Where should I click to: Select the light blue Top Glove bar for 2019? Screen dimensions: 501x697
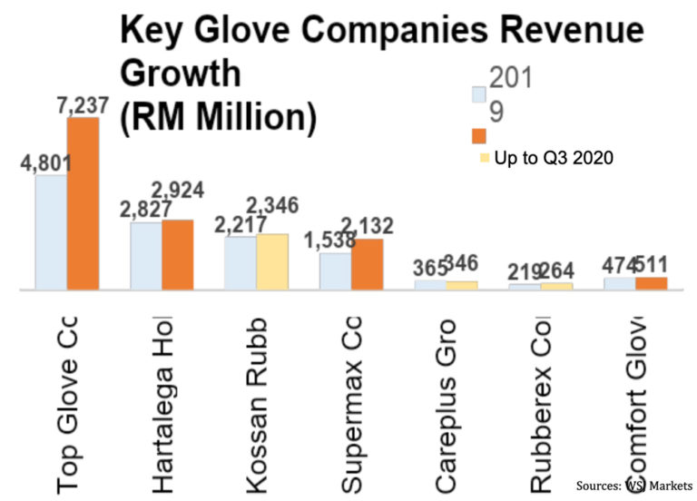click(x=51, y=232)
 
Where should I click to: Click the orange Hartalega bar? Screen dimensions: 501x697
click(x=177, y=255)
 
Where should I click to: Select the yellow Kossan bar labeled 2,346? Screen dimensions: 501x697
click(x=271, y=262)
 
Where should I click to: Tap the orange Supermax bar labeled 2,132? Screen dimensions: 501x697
click(x=367, y=264)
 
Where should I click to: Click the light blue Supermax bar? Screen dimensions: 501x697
click(x=335, y=271)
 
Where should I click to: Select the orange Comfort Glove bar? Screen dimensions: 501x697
click(x=651, y=283)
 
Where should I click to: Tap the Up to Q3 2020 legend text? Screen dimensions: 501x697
click(x=555, y=158)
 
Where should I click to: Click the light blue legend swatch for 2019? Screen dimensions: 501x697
click(x=479, y=94)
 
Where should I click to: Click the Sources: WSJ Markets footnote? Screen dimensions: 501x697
click(x=633, y=486)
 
